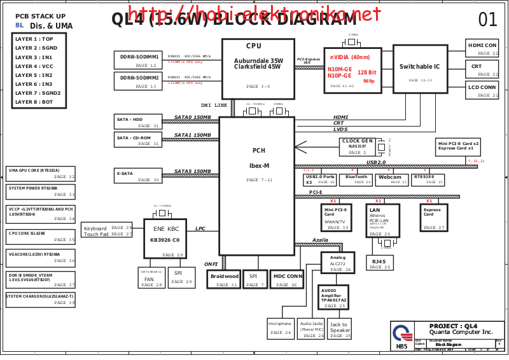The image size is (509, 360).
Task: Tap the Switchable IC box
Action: [420, 67]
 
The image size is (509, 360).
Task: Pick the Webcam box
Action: [389, 179]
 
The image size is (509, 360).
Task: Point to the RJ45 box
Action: [380, 263]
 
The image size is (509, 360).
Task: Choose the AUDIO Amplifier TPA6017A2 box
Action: [334, 298]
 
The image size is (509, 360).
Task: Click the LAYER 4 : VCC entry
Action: [34, 66]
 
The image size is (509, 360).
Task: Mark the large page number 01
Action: [487, 20]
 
